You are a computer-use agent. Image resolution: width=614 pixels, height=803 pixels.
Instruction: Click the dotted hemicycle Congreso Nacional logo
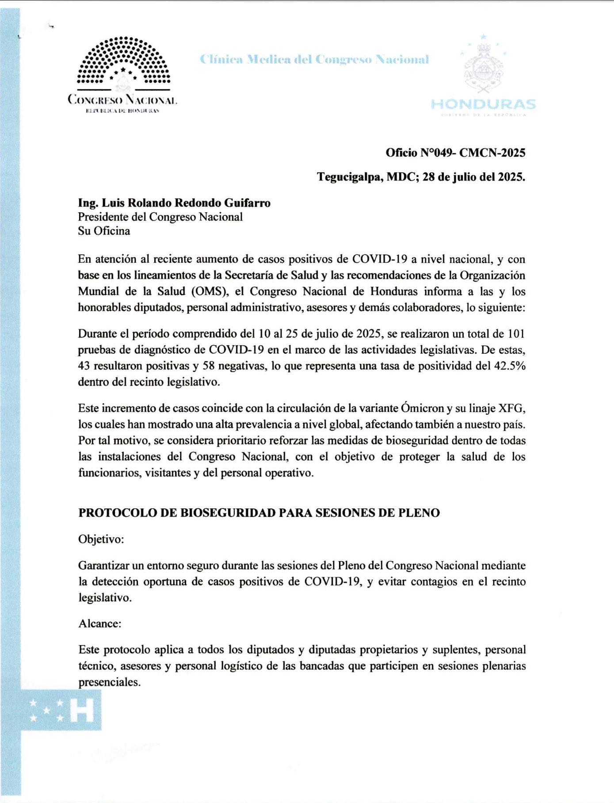[x=123, y=62]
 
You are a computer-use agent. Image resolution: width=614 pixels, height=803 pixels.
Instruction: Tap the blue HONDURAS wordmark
[x=483, y=104]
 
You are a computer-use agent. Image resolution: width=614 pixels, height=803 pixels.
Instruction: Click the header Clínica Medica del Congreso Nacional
[x=314, y=59]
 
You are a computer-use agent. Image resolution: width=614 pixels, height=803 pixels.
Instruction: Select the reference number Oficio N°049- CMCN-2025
[x=455, y=153]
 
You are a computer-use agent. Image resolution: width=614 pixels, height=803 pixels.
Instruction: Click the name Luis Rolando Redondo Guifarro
[x=186, y=203]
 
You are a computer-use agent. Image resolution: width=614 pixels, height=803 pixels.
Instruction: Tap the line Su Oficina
[x=104, y=231]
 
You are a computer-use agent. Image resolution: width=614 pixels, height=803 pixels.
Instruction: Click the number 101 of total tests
[x=516, y=334]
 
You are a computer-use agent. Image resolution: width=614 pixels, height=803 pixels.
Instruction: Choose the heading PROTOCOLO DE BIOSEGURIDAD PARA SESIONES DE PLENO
[x=259, y=513]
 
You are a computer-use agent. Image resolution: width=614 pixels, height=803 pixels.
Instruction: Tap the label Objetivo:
[x=101, y=539]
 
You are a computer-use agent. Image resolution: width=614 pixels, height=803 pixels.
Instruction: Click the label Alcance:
[x=100, y=623]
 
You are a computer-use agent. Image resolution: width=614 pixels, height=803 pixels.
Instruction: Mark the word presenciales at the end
[x=109, y=682]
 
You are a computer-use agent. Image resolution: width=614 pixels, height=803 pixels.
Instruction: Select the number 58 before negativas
[x=209, y=366]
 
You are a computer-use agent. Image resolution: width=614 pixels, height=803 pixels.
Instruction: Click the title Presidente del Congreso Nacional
[x=160, y=217]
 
